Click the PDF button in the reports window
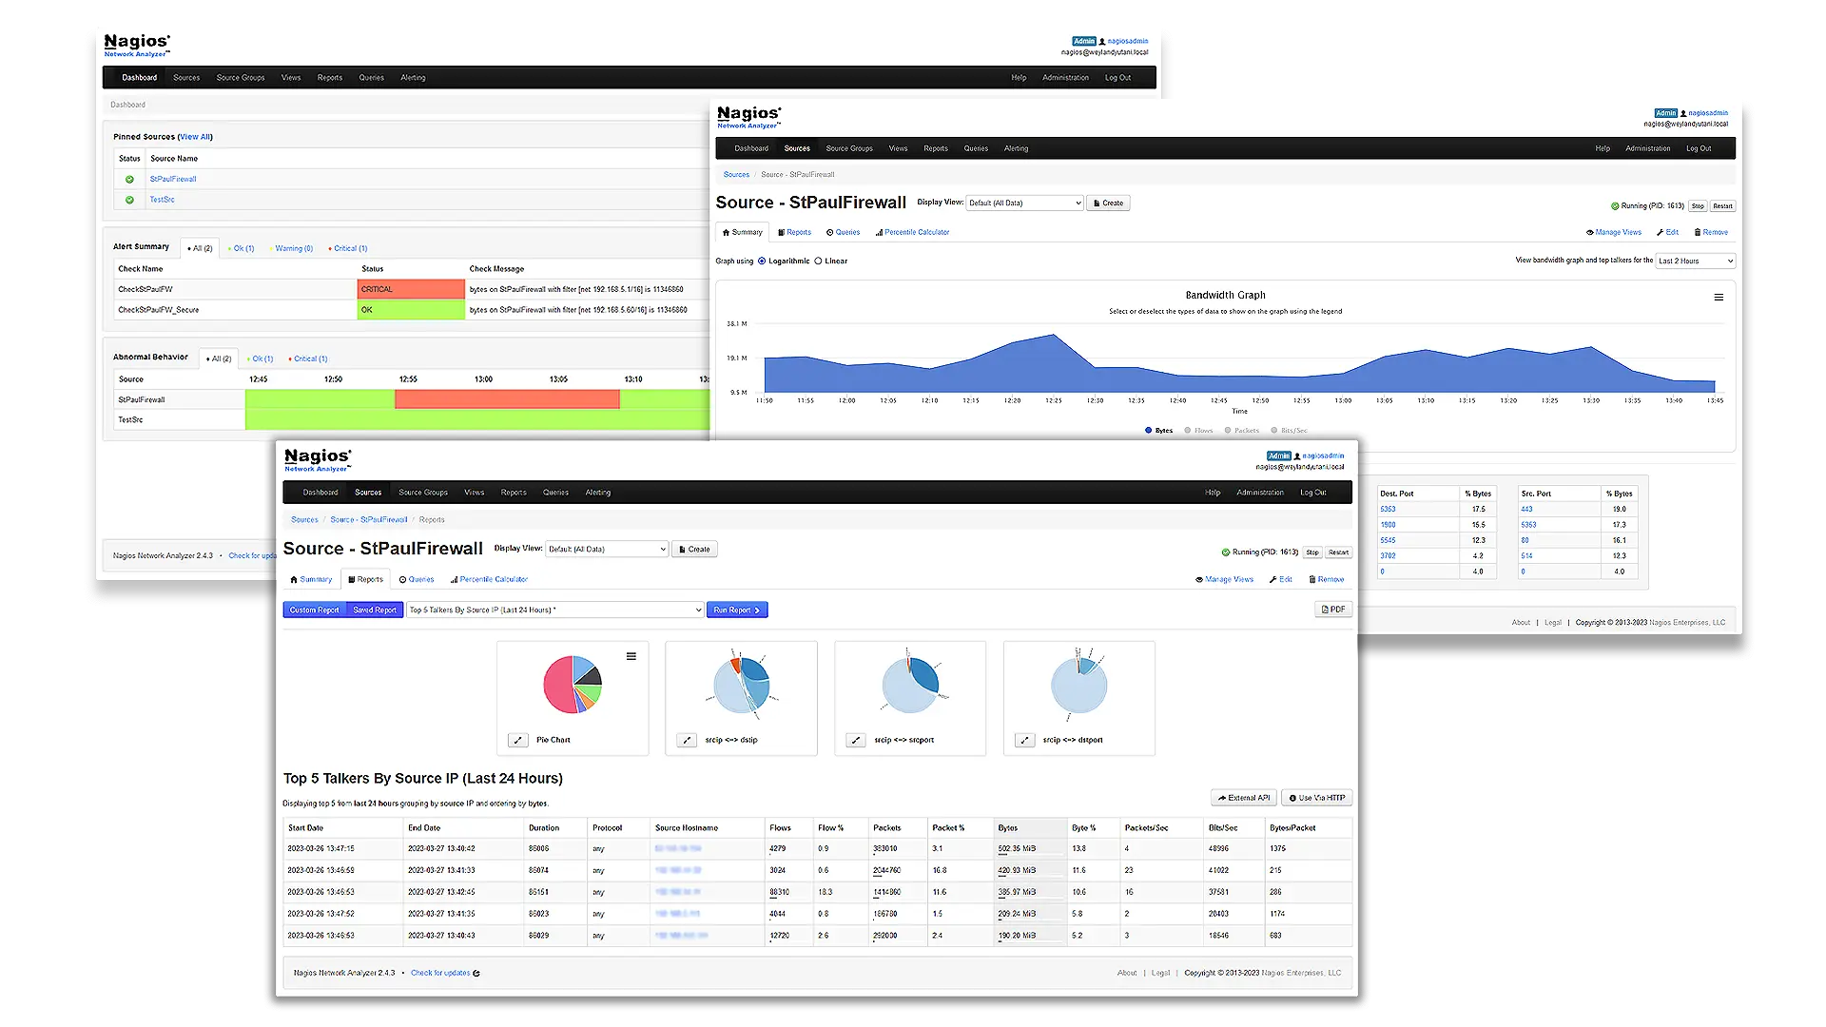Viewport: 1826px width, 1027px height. tap(1333, 610)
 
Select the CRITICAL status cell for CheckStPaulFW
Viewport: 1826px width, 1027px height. tap(410, 289)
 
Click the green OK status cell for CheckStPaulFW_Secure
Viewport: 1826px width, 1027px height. tap(410, 310)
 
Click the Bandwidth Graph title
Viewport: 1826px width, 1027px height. tap(1225, 296)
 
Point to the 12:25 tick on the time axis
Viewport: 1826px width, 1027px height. tap(1054, 400)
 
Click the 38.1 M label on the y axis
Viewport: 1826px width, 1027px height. tap(737, 324)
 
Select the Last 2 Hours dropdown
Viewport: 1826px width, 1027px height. tap(1695, 262)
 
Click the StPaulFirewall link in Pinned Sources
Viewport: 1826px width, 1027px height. tap(173, 179)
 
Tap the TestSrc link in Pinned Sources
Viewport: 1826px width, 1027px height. tap(163, 200)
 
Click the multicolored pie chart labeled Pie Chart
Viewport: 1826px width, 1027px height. tap(573, 685)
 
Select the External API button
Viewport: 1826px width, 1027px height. tap(1244, 798)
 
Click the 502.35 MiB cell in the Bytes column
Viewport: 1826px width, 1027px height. tap(1017, 848)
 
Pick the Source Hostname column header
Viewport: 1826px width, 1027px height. tap(687, 828)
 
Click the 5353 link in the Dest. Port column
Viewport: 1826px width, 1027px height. tap(1389, 510)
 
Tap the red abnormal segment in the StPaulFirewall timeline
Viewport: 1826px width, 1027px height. tap(507, 399)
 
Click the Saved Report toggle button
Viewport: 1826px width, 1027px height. tap(375, 610)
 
